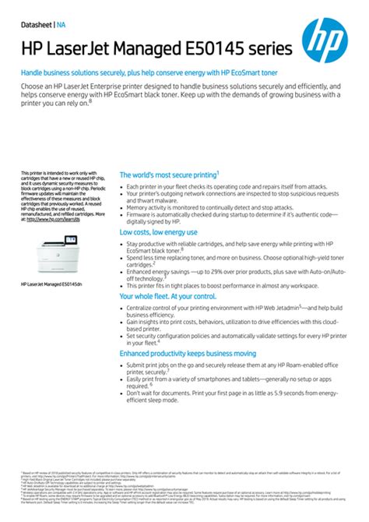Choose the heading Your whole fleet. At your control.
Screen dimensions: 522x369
click(x=167, y=297)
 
